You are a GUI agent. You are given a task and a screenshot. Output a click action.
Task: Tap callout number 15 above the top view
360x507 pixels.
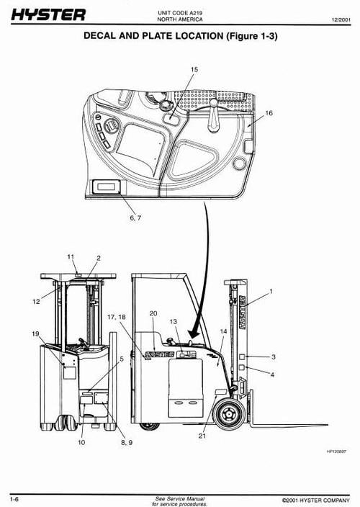194,69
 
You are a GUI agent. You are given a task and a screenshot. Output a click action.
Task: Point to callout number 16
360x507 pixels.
269,113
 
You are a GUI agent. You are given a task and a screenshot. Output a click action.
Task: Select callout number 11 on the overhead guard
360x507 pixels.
71,256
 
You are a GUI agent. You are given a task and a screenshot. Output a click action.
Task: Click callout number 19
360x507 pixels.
35,333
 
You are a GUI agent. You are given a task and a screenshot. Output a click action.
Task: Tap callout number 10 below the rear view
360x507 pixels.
81,441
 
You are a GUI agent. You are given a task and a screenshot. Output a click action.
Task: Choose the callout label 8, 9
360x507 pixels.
109,441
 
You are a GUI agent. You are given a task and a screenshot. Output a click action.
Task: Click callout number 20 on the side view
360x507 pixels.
153,313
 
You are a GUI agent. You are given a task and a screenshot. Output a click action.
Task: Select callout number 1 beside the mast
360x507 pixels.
271,292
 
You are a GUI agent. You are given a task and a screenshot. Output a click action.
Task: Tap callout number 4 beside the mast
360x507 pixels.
271,374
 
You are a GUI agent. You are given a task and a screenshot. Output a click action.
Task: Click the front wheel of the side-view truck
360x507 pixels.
229,413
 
